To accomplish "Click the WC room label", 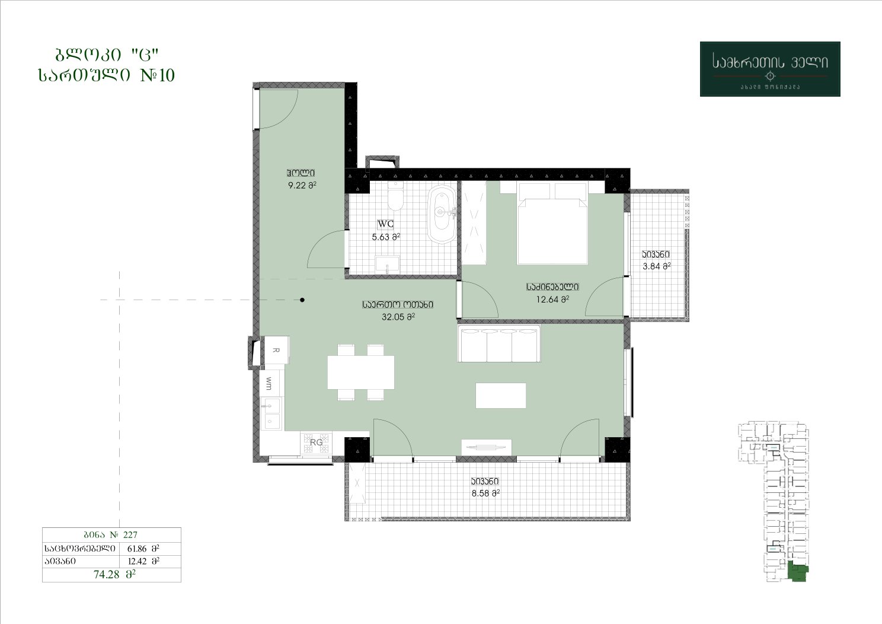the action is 385,224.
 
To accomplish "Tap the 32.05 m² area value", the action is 398,317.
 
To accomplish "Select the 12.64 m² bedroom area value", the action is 552,300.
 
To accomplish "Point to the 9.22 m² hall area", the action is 302,185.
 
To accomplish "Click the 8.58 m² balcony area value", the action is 485,494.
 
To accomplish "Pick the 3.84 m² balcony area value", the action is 656,266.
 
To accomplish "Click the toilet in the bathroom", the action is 395,196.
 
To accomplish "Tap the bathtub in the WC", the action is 442,214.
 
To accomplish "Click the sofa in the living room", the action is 499,343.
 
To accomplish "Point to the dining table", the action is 360,373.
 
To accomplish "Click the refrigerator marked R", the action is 276,350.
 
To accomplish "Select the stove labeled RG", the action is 316,442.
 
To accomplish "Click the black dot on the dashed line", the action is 302,300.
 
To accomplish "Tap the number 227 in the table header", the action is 130,534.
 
